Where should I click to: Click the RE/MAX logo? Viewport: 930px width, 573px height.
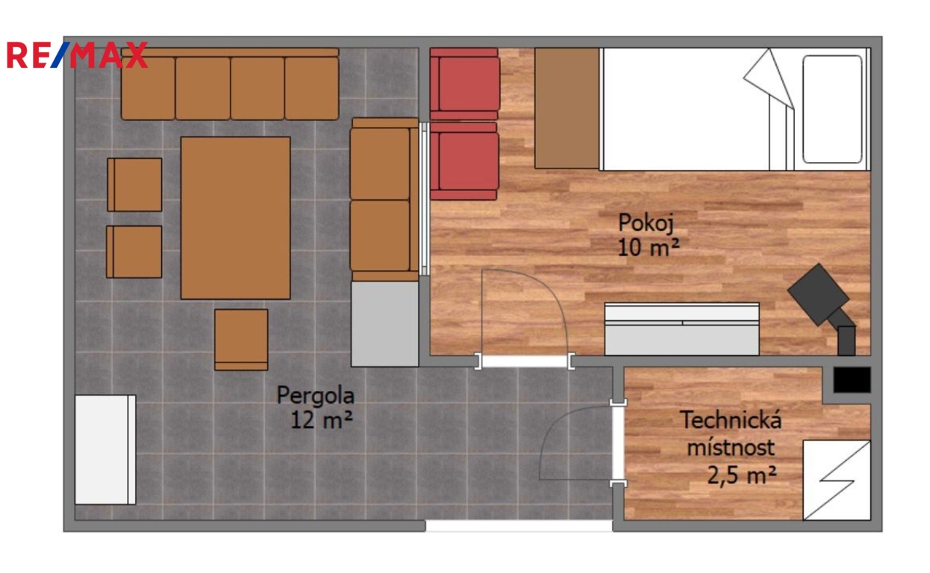[x=77, y=54]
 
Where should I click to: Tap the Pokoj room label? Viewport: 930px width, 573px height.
[x=646, y=223]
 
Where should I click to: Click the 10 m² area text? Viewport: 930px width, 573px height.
[x=649, y=247]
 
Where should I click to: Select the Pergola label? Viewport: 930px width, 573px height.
[x=316, y=395]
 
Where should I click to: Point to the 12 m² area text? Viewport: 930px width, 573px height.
[x=322, y=419]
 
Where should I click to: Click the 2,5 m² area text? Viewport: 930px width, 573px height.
[x=741, y=475]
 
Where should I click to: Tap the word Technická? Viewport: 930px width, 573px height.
[x=731, y=419]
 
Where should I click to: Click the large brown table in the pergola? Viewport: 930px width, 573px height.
[x=235, y=218]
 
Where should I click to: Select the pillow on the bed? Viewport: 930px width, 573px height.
[x=832, y=110]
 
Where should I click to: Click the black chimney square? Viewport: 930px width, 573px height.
[x=852, y=380]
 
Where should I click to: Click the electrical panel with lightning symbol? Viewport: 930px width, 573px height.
[x=837, y=480]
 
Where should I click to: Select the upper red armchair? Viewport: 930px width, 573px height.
[x=464, y=84]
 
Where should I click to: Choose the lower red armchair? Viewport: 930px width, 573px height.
[x=464, y=161]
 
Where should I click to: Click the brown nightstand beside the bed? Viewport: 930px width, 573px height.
[x=567, y=108]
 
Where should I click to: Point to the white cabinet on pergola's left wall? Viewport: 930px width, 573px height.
[x=105, y=450]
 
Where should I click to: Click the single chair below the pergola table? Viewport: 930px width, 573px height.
[x=241, y=339]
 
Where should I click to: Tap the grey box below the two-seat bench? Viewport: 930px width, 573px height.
[x=384, y=324]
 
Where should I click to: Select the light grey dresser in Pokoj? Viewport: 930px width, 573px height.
[x=681, y=329]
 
